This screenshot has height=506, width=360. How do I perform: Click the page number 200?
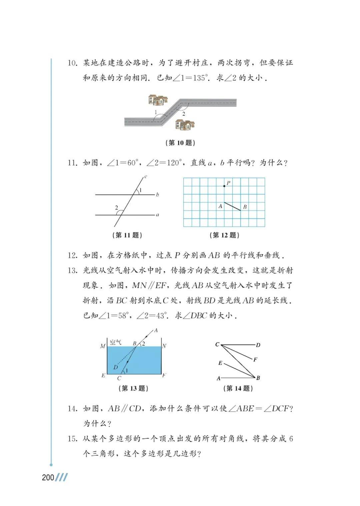point(48,477)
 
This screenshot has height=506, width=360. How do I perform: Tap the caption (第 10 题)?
point(180,143)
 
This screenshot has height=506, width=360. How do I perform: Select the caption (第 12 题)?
point(224,235)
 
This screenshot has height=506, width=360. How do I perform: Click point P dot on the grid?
point(224,186)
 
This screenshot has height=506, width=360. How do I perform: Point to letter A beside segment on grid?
point(220,206)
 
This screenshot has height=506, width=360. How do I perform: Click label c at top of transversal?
point(146,176)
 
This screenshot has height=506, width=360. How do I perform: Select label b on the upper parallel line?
point(157,194)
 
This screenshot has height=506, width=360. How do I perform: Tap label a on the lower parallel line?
point(157,215)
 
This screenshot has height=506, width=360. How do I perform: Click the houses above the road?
point(158,100)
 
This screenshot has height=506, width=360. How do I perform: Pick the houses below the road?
point(185,125)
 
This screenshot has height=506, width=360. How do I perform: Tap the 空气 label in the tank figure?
point(115,342)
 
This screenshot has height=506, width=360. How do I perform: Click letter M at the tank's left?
point(103,346)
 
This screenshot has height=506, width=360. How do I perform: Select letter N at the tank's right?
point(164,346)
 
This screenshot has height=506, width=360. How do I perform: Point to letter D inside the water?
point(115,367)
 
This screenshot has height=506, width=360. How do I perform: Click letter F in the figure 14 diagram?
point(255,360)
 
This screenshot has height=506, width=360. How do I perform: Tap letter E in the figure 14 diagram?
point(220,363)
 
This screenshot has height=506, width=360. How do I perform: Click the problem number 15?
point(72,439)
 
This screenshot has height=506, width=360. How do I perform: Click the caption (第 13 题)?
point(133,388)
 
